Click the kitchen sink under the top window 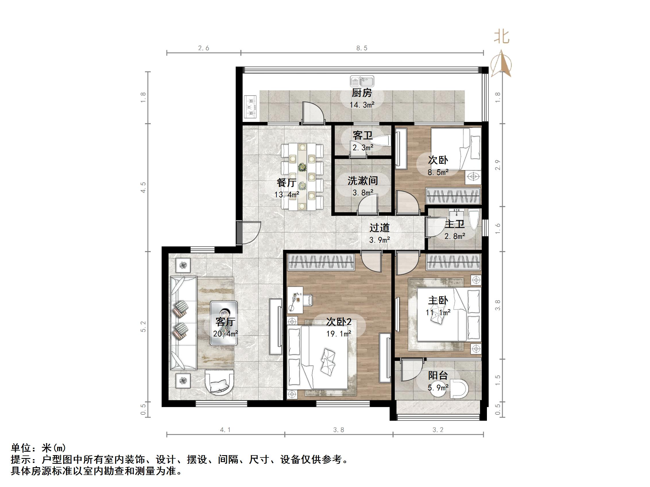click(362, 81)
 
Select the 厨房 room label click(362, 93)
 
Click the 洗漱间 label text click(363, 180)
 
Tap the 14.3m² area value click(362, 105)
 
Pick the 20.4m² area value click(225, 334)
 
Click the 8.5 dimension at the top click(362, 48)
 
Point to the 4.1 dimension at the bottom click(225, 430)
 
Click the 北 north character click(501, 37)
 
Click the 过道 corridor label click(379, 227)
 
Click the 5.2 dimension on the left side click(143, 326)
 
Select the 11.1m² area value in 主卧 click(438, 313)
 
